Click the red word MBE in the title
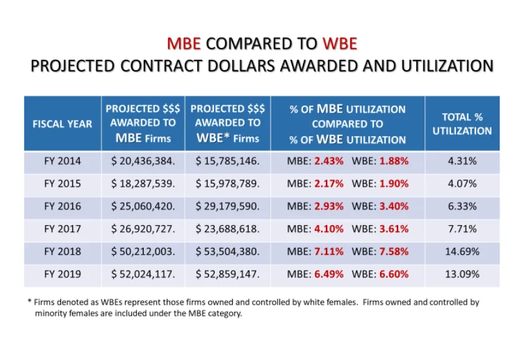tap(184, 44)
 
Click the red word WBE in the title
tap(340, 44)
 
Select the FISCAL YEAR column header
tap(62, 123)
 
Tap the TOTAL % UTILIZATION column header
tap(462, 123)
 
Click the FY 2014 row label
tap(62, 161)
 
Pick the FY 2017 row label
tap(62, 229)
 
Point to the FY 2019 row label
tap(62, 274)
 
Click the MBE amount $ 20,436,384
tap(143, 161)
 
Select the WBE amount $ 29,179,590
tap(228, 206)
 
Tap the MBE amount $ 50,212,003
tap(143, 251)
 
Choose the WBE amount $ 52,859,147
tap(228, 274)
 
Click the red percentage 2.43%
tap(329, 161)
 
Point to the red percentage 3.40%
tap(394, 206)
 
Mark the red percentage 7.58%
tap(394, 251)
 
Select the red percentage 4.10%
tap(329, 229)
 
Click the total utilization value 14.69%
tap(462, 251)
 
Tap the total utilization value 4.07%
tap(462, 183)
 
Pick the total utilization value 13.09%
tap(462, 274)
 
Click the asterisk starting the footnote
tap(29, 302)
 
